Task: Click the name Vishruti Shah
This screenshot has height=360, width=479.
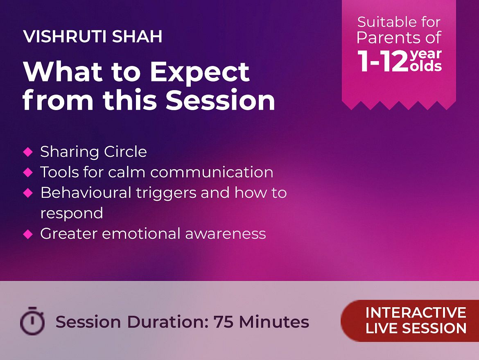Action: tap(93, 36)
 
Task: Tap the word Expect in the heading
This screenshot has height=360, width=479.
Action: tap(200, 73)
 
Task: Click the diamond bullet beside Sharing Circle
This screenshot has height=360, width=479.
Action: tap(28, 152)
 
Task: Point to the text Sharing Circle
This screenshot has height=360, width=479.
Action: tap(93, 152)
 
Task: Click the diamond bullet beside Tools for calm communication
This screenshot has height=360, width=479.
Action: tap(28, 172)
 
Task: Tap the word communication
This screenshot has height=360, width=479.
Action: tap(212, 172)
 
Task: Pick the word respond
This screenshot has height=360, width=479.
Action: tap(72, 214)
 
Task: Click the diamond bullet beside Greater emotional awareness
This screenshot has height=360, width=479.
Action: tap(28, 234)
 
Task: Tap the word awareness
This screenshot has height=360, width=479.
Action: tap(226, 234)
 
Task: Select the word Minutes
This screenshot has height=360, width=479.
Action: tap(274, 322)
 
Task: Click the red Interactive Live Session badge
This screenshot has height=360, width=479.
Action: tap(410, 321)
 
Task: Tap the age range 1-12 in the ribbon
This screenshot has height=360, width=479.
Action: tap(383, 61)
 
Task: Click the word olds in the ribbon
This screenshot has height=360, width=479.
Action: tap(426, 66)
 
